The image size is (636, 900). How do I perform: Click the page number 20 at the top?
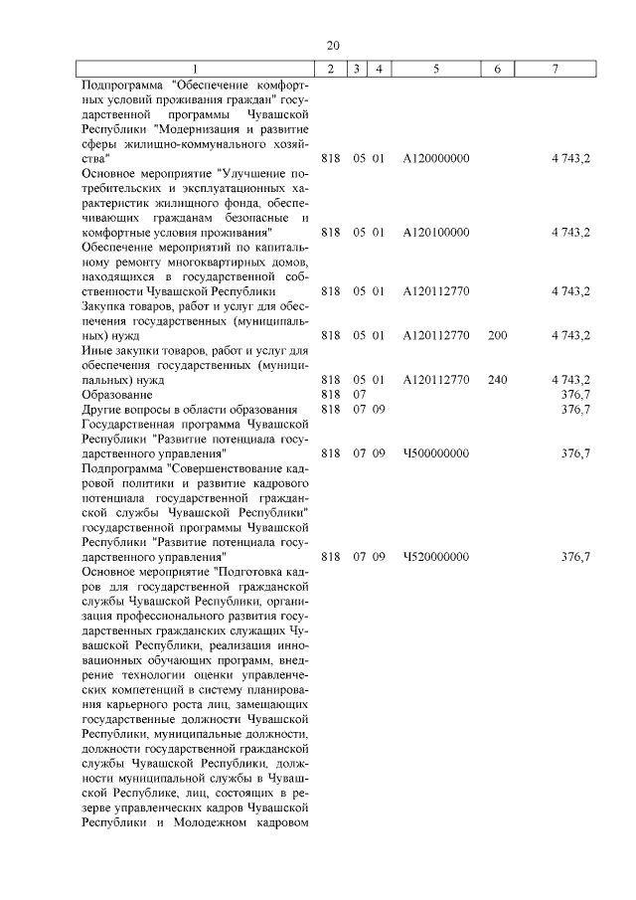[x=333, y=45]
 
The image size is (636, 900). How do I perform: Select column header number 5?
[x=436, y=69]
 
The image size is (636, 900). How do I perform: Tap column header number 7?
[x=555, y=69]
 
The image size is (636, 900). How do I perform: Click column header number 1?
[x=195, y=69]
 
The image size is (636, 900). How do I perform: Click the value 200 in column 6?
[x=498, y=335]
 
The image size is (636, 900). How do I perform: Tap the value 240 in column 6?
[x=498, y=379]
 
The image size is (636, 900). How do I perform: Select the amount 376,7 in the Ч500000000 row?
[x=575, y=452]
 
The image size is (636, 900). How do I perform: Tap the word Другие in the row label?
[x=104, y=409]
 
